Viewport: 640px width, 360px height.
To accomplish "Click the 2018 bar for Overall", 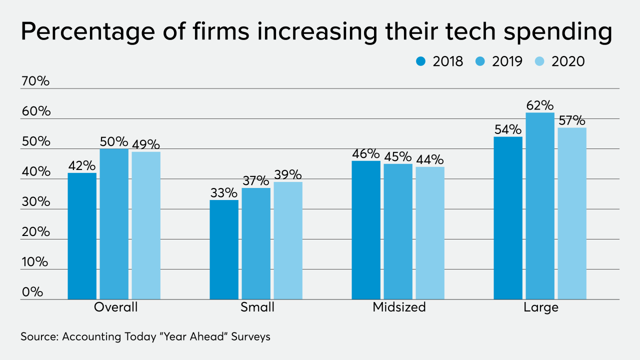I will (x=82, y=236).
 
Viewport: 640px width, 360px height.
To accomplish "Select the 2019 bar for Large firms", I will (x=540, y=206).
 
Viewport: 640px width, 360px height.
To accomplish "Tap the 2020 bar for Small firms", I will (x=288, y=240).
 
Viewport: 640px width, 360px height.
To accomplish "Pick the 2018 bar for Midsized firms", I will (x=366, y=230).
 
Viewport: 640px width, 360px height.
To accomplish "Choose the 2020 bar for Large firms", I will (x=572, y=213).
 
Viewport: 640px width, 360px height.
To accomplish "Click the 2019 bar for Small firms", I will (x=256, y=243).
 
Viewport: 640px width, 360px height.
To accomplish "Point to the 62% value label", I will (x=540, y=106).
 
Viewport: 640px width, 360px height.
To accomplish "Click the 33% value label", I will (x=223, y=193).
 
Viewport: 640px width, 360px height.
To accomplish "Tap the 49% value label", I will (x=146, y=145).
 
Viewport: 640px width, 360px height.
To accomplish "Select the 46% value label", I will (x=365, y=154).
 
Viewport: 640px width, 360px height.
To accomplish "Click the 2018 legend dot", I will (x=420, y=61).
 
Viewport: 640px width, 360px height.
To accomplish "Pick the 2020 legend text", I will (x=568, y=61).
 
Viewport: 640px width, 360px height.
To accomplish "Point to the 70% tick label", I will (x=35, y=81).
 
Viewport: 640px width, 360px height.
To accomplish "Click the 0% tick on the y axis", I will (x=32, y=292).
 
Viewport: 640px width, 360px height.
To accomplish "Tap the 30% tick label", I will (x=35, y=202).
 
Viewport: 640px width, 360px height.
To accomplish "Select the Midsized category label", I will (x=399, y=307).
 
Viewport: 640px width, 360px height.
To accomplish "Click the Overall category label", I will (x=115, y=307).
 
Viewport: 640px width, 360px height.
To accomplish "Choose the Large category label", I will (x=540, y=307).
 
